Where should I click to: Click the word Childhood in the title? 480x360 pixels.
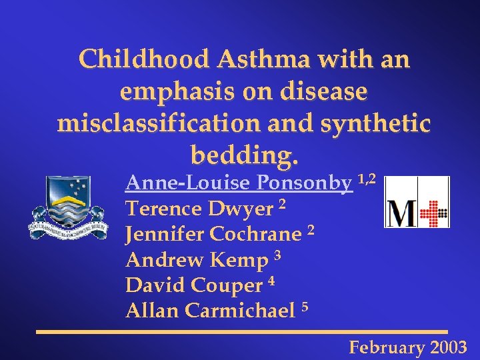(139, 60)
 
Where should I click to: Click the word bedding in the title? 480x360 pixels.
(240, 155)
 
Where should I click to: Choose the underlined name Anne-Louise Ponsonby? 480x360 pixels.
(239, 183)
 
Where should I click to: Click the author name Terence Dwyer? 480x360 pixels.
(200, 209)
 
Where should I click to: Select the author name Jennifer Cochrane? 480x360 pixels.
(213, 235)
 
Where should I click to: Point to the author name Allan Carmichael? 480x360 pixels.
(210, 311)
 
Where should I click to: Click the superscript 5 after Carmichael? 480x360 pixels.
(305, 306)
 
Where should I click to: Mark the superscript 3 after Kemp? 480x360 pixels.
(278, 255)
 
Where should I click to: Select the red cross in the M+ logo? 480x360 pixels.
(434, 213)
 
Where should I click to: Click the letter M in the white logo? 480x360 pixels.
(402, 214)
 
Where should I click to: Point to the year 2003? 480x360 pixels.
(449, 347)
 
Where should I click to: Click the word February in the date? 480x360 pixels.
(387, 347)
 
